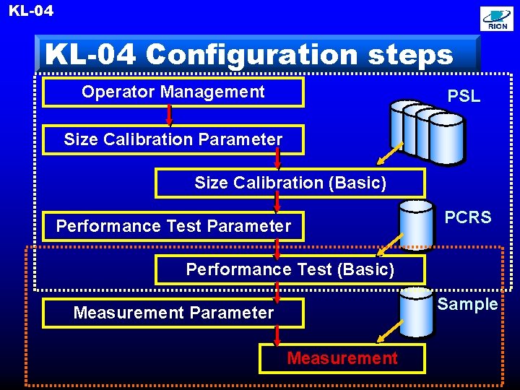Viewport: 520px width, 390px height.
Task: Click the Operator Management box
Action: [x=173, y=92]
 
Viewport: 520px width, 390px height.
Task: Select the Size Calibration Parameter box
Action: [x=173, y=139]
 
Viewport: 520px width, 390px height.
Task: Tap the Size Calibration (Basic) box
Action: [x=290, y=183]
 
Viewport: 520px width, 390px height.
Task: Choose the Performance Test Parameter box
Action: [x=173, y=226]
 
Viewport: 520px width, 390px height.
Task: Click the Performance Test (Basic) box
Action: [x=290, y=269]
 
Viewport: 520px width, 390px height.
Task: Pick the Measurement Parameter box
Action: [x=173, y=313]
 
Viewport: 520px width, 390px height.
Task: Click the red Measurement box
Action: [x=342, y=358]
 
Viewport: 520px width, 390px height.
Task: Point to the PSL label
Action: [x=464, y=96]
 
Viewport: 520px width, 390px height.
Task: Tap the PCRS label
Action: [x=467, y=217]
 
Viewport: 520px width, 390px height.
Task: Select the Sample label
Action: [x=467, y=304]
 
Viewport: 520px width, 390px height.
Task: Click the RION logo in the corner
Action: [x=497, y=19]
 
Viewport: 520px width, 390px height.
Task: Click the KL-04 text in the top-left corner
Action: [x=31, y=11]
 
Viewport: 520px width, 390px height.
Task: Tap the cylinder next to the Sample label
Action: [x=417, y=312]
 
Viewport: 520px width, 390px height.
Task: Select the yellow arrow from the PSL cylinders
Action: [x=391, y=154]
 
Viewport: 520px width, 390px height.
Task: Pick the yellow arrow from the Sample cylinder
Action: [x=390, y=331]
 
